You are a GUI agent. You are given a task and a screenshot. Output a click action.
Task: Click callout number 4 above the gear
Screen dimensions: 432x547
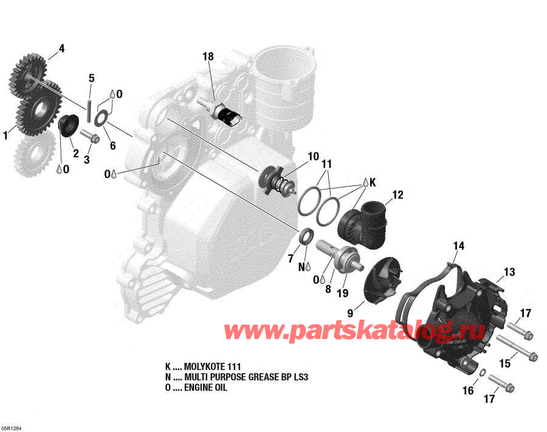(61, 48)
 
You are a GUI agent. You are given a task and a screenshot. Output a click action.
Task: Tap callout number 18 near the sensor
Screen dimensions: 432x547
(208, 57)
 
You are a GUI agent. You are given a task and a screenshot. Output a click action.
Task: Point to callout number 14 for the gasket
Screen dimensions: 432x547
(458, 246)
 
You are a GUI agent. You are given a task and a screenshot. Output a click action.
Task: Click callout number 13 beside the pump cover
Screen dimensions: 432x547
(509, 272)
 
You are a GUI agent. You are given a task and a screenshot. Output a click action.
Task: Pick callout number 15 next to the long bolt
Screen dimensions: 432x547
(505, 363)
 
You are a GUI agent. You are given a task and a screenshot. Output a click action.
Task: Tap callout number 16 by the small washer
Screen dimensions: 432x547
(468, 391)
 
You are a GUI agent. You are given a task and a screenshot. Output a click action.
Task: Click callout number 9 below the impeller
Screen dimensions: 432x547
(351, 313)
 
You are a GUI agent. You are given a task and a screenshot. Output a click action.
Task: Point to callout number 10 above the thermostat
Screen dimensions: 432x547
(313, 156)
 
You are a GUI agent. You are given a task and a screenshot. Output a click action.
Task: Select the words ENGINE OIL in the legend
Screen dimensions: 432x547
(207, 388)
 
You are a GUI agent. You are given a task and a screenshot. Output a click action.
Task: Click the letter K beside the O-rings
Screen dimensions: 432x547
(373, 182)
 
